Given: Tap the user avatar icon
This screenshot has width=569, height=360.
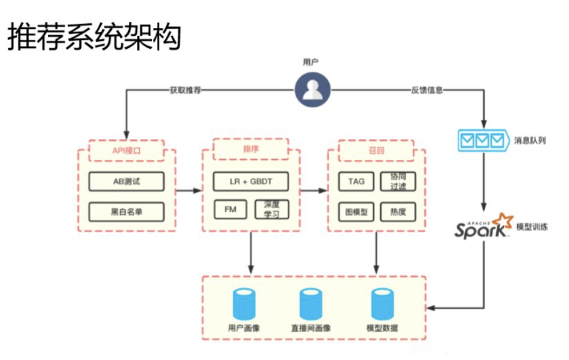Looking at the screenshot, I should click(x=312, y=90).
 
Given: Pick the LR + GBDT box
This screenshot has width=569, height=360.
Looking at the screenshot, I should click(x=251, y=181).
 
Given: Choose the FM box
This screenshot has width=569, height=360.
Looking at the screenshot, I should click(x=230, y=209).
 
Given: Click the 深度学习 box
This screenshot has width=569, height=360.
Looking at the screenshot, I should click(x=272, y=209).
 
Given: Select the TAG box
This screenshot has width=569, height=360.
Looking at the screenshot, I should click(x=356, y=181).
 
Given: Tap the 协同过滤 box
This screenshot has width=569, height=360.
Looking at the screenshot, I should click(x=398, y=181).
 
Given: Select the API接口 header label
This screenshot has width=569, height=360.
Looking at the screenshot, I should click(x=126, y=151).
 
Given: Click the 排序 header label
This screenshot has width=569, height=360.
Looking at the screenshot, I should click(x=251, y=149).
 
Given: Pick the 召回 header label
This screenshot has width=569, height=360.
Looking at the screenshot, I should click(x=376, y=151).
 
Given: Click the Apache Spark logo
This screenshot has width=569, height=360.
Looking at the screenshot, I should click(x=480, y=226).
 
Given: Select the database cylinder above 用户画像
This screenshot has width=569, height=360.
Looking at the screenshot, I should click(x=243, y=303).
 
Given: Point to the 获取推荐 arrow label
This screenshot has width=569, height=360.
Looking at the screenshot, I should click(x=185, y=91).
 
